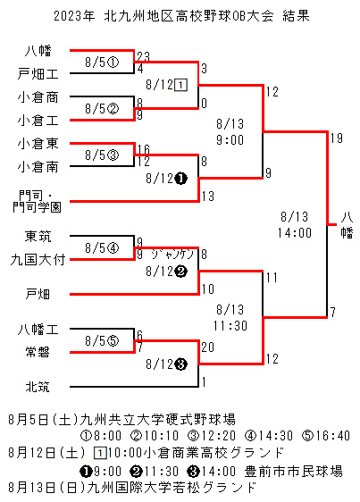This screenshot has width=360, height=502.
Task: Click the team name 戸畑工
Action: pos(38,73)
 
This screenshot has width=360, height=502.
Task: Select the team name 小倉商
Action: pos(38,97)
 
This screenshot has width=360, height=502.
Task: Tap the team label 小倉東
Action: pos(38,144)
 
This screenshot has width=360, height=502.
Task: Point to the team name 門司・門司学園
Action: pos(37,201)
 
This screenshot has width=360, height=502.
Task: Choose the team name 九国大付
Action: pos(38,260)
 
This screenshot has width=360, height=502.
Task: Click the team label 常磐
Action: pos(38,352)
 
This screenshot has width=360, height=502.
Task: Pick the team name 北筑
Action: pos(38,387)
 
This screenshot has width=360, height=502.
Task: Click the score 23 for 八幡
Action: pos(143,56)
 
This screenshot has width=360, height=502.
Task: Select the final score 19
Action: pos(337,138)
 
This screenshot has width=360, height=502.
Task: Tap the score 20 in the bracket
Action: pos(207,347)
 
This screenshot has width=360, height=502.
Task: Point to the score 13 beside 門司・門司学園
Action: pos(208,196)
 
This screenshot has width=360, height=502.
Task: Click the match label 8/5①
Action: pos(102,63)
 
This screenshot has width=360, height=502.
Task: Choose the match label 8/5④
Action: pos(102,247)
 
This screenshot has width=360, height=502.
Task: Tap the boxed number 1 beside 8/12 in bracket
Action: pos(180,85)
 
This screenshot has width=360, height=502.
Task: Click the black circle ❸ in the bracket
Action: pos(181,364)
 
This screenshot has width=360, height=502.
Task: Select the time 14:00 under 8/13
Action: pos(295,233)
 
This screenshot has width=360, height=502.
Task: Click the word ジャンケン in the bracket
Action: pos(172,255)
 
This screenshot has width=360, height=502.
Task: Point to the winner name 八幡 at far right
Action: pos(347,225)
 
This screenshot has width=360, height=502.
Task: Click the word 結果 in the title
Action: pos(296,16)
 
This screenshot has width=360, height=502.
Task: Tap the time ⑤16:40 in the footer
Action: pos(326,436)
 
